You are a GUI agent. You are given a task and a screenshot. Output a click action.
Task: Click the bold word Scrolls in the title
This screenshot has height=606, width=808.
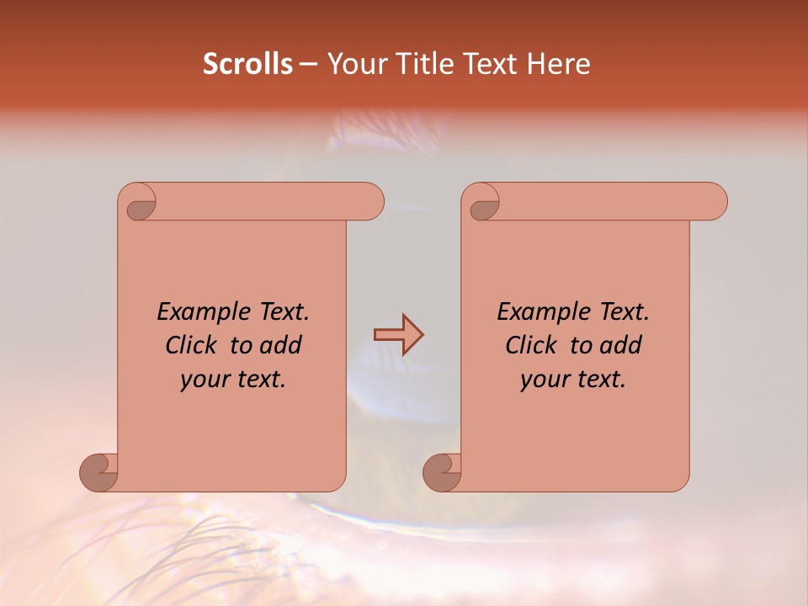tap(247, 64)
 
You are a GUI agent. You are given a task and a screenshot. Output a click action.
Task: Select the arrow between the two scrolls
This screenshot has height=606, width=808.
tap(398, 335)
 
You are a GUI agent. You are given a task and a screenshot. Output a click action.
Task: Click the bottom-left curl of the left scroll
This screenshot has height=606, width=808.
tap(99, 472)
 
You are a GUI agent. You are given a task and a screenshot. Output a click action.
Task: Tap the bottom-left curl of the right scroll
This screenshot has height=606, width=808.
tap(443, 472)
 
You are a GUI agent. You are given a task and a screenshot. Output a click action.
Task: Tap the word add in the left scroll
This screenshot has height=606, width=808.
tap(280, 345)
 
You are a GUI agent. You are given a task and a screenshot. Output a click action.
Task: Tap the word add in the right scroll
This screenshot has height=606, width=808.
tap(621, 345)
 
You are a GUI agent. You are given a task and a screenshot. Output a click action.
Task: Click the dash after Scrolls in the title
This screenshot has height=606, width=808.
tap(308, 65)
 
